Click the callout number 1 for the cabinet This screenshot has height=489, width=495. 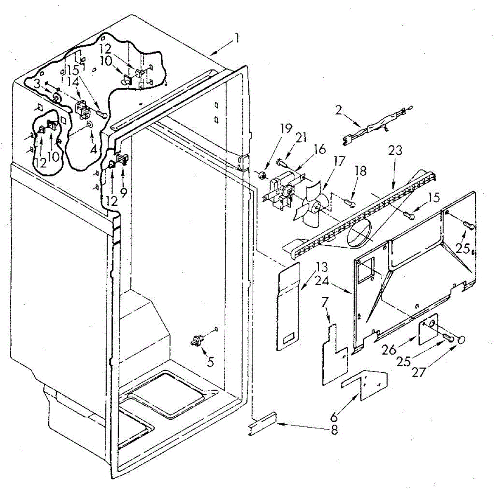point(236,39)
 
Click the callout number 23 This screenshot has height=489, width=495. point(395,150)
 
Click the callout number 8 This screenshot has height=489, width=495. point(334,430)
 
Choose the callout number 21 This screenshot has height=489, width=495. point(302,137)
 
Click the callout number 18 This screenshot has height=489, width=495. point(361,171)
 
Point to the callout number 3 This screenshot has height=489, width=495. point(37,83)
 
